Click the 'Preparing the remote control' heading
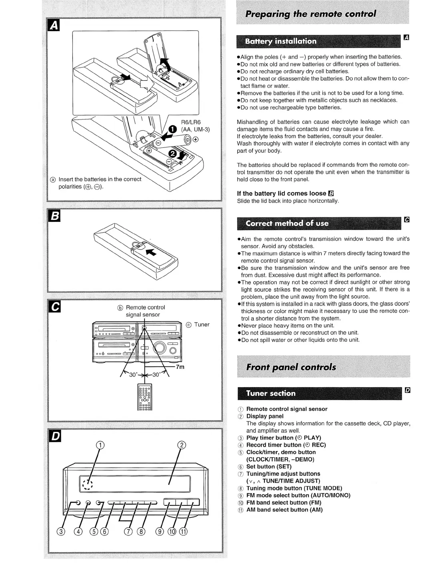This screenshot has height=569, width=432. click(310, 14)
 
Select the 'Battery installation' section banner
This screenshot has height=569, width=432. click(281, 41)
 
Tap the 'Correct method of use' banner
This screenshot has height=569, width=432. click(287, 223)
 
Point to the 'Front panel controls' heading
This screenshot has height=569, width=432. click(291, 367)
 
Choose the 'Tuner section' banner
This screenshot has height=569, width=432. click(271, 393)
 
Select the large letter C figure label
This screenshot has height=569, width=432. click(54, 307)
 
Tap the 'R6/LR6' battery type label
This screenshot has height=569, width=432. click(191, 122)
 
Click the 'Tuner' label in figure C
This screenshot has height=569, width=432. click(201, 324)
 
